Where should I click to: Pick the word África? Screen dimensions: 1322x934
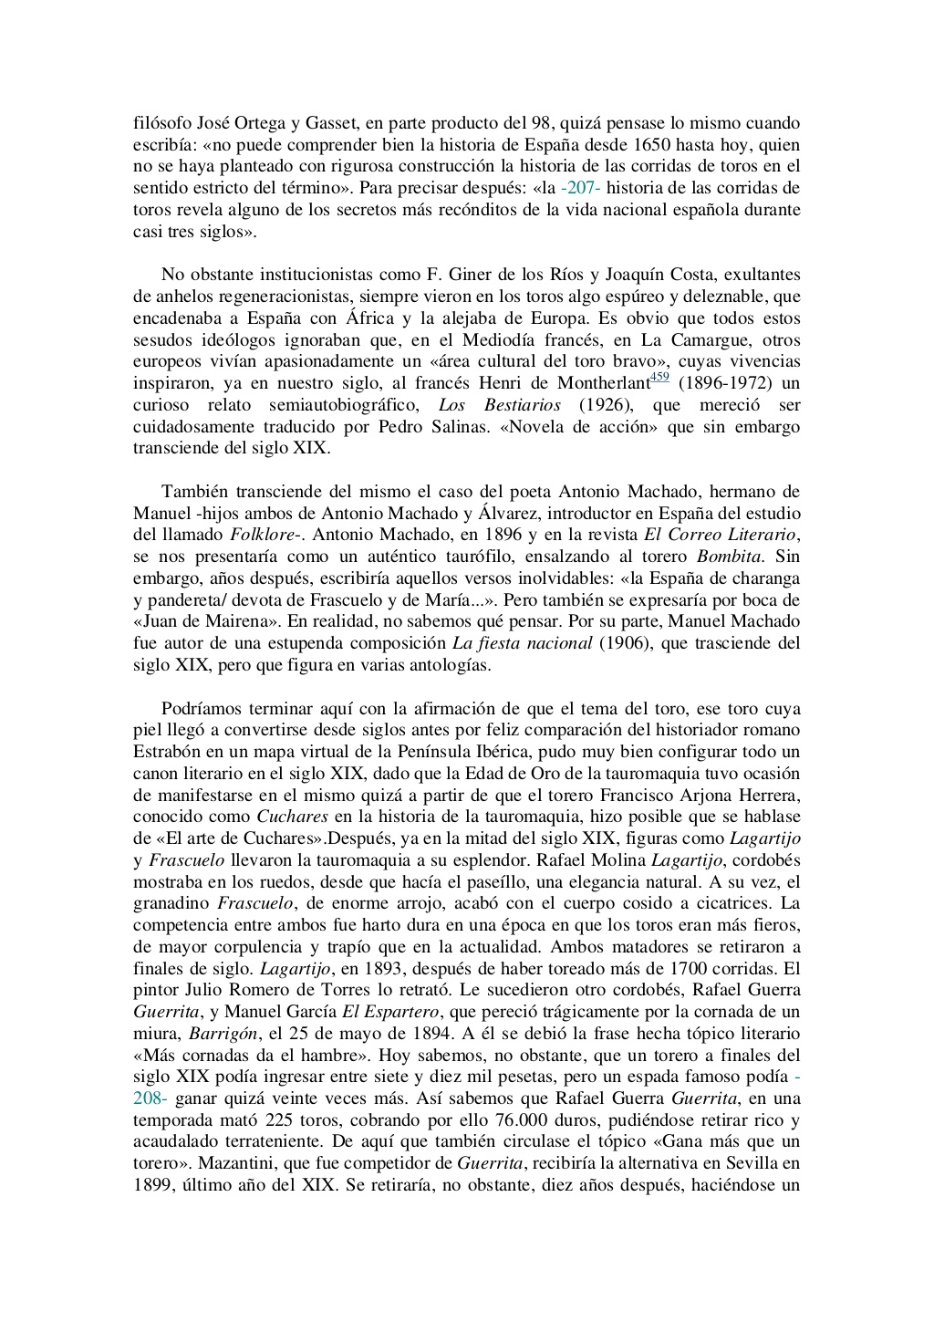tap(370, 318)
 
